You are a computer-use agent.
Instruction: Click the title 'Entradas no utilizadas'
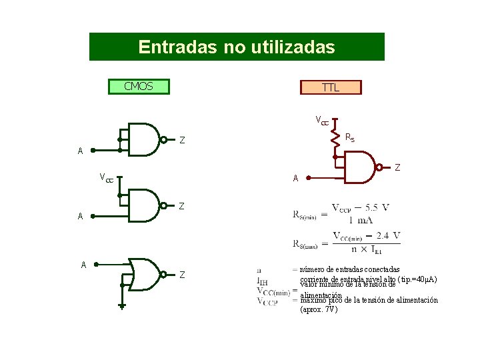[x=237, y=47]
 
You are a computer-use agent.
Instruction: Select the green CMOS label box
[x=139, y=87]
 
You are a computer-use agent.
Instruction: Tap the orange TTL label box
[x=330, y=87]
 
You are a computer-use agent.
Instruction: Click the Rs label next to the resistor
[x=350, y=137]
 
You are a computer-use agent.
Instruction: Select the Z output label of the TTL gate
[x=398, y=167]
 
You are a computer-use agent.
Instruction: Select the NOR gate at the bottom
[x=145, y=273]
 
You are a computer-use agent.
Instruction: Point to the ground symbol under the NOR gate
[x=122, y=306]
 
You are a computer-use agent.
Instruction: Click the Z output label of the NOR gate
[x=183, y=275]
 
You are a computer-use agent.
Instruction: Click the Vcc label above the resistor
[x=322, y=121]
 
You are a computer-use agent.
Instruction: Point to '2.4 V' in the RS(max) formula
[x=387, y=235]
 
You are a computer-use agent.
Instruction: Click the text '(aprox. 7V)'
[x=319, y=309]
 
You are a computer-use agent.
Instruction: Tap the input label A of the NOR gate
[x=83, y=265]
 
